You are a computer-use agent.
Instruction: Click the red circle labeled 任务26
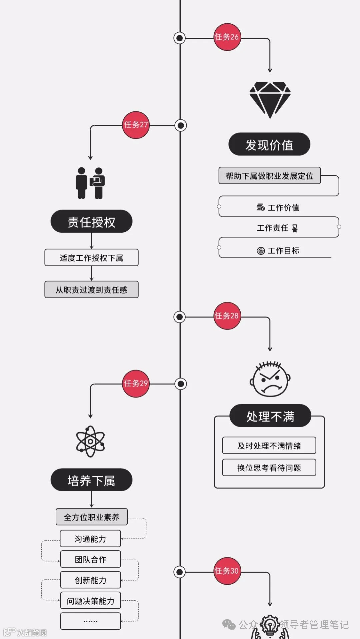(227, 37)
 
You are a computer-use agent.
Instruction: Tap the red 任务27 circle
(136, 125)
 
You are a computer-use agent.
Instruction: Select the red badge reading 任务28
(227, 316)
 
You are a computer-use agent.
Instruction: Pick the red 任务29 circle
(136, 384)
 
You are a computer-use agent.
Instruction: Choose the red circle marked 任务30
(227, 571)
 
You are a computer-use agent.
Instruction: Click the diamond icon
(270, 99)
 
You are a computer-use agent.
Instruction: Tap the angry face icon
(270, 379)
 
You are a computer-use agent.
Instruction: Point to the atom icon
(90, 441)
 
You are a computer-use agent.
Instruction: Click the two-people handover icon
(90, 183)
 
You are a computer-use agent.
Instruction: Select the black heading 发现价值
(269, 144)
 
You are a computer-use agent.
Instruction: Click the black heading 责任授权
(91, 221)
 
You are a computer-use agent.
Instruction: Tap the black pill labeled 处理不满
(270, 416)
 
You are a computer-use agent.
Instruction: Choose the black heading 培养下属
(91, 480)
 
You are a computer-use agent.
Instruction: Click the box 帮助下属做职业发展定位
(269, 176)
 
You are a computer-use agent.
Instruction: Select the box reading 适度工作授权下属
(91, 257)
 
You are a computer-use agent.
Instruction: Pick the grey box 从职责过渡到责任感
(91, 289)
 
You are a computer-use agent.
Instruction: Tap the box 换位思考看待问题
(269, 468)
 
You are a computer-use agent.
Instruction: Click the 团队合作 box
(90, 559)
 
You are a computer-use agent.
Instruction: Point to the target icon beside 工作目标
(261, 251)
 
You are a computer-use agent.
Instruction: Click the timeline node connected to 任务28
(180, 316)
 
